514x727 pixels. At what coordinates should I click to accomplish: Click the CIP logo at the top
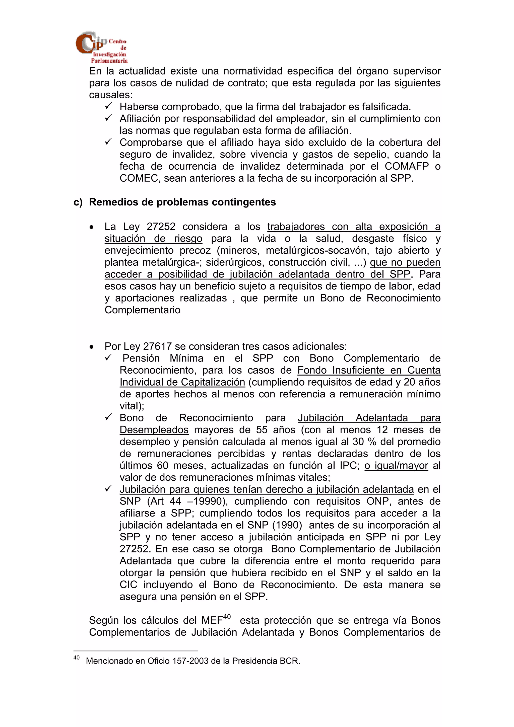coord(101,47)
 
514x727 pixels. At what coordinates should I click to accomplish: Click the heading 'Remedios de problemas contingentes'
coord(182,202)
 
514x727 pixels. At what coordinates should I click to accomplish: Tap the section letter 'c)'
coord(78,202)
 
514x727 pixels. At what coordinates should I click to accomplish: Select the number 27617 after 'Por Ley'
coord(157,346)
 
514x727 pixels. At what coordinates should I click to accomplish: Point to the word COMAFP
coord(407,166)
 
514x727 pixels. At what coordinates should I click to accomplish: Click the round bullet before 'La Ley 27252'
coord(92,227)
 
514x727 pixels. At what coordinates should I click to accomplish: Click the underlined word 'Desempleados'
coord(154,430)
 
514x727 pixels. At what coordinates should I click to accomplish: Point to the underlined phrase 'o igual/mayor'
coord(396,465)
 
